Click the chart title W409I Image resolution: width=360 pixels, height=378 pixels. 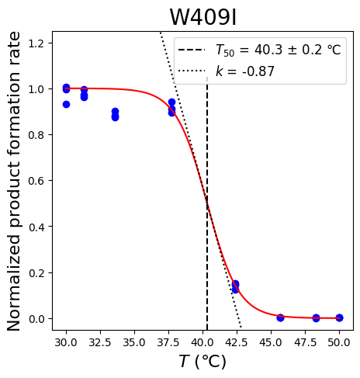[203, 17]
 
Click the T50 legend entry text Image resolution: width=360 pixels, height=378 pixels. [279, 50]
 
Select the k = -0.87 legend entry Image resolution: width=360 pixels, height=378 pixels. [245, 71]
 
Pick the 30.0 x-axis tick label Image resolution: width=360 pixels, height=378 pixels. [66, 342]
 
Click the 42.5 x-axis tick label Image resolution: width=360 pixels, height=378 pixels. [237, 342]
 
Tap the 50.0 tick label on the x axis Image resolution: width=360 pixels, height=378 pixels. [339, 342]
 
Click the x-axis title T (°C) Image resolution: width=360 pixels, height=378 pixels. [202, 361]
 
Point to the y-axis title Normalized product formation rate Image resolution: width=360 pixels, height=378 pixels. [13, 181]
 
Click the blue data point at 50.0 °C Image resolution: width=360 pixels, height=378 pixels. [340, 317]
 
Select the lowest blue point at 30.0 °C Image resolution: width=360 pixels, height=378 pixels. [66, 104]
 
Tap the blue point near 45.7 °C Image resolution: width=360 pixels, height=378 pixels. [280, 317]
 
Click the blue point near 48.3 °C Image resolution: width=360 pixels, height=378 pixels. [316, 318]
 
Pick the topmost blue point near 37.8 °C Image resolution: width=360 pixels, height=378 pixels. [171, 102]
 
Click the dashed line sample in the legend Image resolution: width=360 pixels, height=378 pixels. [192, 50]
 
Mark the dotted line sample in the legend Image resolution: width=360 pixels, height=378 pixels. [192, 71]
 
